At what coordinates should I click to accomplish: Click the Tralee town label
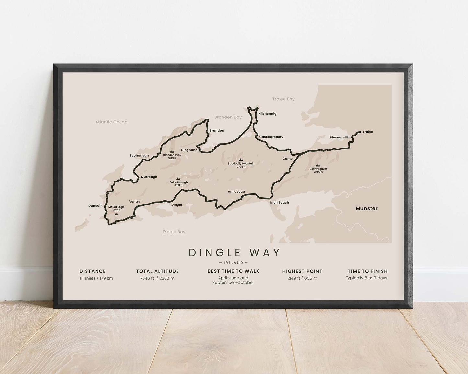368,132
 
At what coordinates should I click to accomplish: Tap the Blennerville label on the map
340,137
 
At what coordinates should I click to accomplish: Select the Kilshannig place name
267,114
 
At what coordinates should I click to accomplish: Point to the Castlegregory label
271,137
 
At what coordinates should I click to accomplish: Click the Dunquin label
95,206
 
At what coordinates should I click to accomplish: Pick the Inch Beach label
280,203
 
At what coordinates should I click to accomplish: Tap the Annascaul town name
237,192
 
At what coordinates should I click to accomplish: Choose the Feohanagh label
139,156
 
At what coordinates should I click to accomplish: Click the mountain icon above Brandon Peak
172,151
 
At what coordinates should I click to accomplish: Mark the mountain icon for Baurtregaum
318,165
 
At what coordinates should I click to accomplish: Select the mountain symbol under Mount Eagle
116,214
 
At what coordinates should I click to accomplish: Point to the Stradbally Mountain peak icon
241,159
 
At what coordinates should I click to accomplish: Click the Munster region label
367,208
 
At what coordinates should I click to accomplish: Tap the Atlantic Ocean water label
111,122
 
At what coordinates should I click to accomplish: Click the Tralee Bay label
283,99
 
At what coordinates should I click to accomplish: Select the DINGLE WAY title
234,253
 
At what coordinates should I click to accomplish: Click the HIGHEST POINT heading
302,271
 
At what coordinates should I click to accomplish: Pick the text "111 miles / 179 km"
96,278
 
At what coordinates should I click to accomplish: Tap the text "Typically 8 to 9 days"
366,278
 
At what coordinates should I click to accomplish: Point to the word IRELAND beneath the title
234,263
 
